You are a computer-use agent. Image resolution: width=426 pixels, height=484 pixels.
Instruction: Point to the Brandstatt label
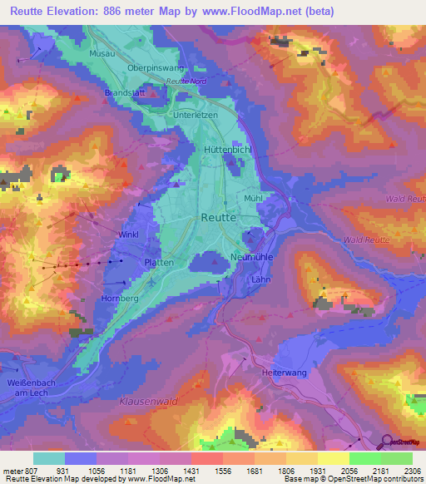pos(125,93)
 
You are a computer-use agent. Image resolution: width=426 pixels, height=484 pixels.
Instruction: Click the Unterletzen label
pos(194,114)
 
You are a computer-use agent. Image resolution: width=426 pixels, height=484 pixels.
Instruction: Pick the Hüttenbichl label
pos(227,150)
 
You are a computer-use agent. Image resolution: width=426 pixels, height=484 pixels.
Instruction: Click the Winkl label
pos(128,235)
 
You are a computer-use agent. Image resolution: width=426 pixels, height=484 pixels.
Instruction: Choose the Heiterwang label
pos(285,373)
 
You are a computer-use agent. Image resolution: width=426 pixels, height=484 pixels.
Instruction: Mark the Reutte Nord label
pos(186,81)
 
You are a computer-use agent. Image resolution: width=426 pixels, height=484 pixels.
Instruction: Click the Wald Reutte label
pos(366,240)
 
